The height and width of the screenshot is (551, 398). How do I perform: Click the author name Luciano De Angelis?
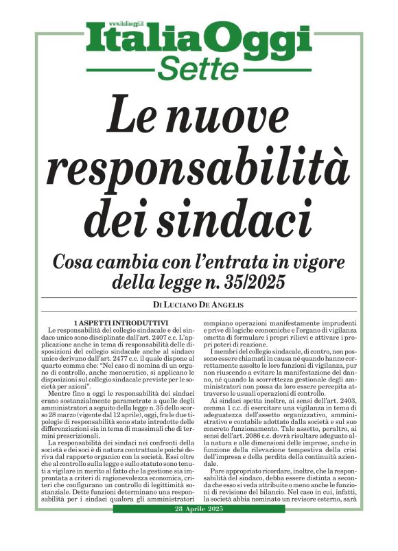[x=205, y=304]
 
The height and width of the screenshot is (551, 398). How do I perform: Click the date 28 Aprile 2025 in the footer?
[x=198, y=534]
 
